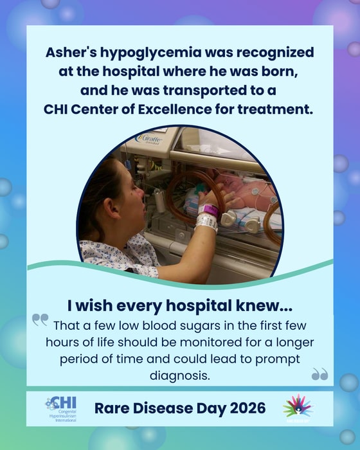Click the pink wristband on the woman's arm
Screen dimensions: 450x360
pyautogui.click(x=208, y=210)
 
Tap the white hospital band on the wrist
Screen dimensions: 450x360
pyautogui.click(x=206, y=222)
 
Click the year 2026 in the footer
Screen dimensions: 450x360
pyautogui.click(x=239, y=407)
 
